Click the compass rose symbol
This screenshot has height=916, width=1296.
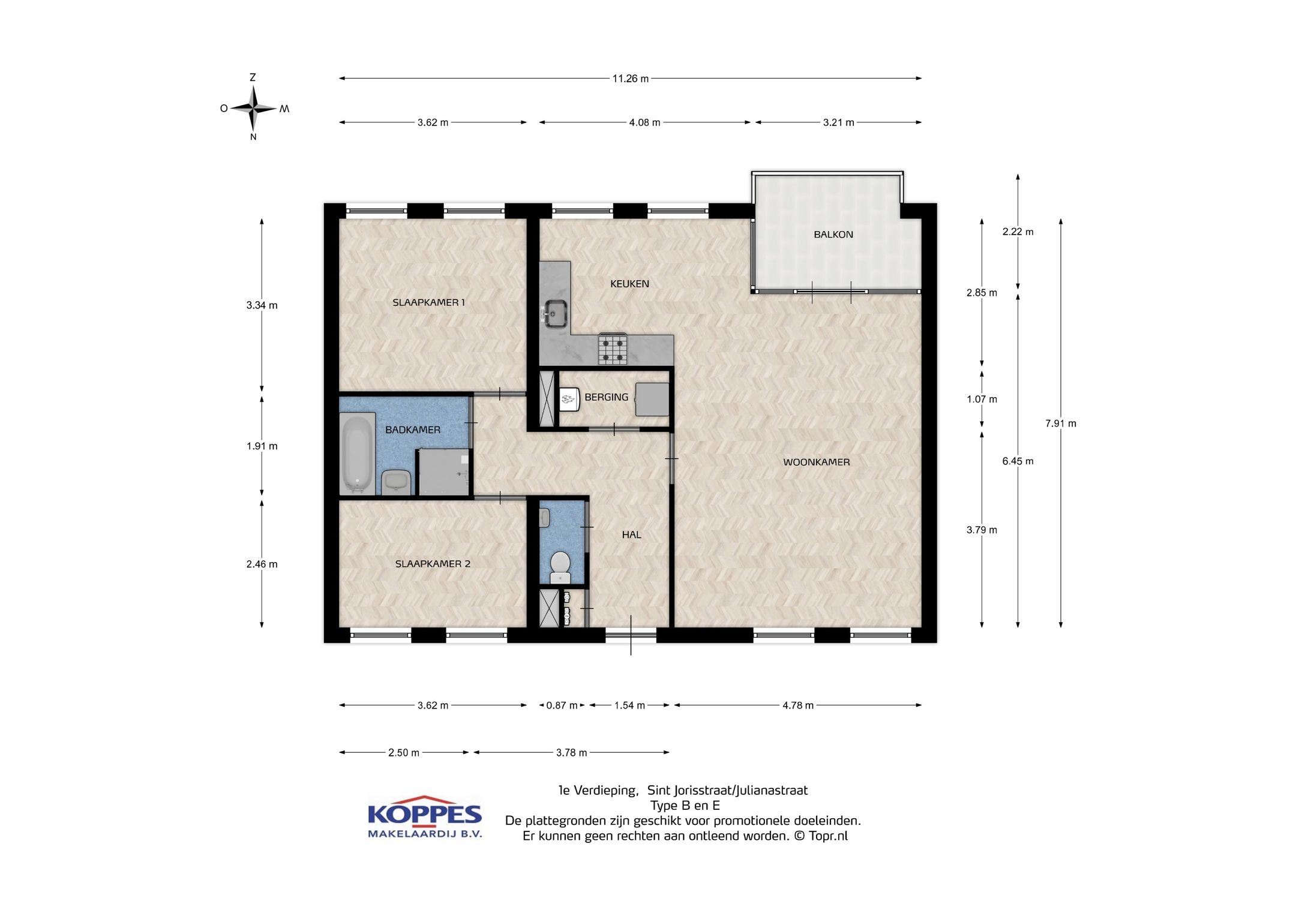tap(253, 109)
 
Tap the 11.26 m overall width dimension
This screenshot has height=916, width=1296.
tap(630, 79)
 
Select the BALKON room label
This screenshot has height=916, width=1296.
tap(833, 235)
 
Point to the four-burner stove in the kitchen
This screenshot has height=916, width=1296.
tap(613, 349)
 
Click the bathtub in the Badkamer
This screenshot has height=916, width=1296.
tap(358, 454)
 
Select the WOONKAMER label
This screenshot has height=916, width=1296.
tap(817, 462)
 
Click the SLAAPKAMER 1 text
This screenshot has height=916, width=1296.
tap(428, 302)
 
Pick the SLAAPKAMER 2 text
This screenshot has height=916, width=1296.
tap(433, 564)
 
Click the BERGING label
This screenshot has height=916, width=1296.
tap(607, 397)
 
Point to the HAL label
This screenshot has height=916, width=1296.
tap(631, 534)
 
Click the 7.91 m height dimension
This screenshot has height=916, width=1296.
tap(1061, 424)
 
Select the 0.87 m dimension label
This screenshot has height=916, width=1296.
tap(562, 705)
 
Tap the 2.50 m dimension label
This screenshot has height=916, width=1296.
tap(404, 753)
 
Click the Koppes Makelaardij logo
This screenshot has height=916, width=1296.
tap(425, 817)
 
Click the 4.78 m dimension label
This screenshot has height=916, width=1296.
tap(798, 705)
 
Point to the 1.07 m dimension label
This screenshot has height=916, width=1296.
tap(982, 400)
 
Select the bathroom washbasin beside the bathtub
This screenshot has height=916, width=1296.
tap(396, 481)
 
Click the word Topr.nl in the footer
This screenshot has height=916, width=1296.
tap(828, 836)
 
